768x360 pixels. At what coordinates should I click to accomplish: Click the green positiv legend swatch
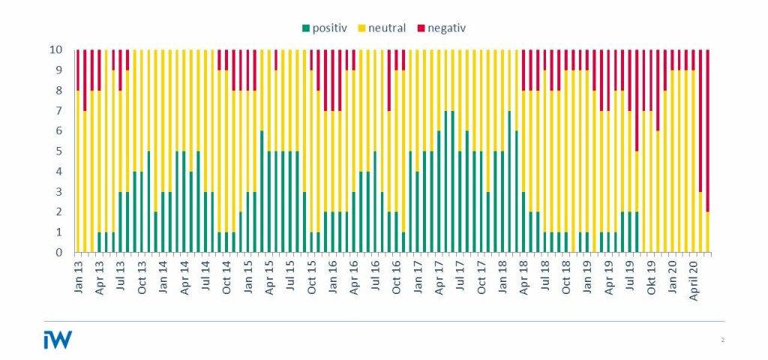point(306,28)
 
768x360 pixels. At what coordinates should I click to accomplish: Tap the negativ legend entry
point(447,28)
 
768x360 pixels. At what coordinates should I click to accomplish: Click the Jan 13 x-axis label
point(79,274)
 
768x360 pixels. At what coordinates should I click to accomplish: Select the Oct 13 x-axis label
point(142,274)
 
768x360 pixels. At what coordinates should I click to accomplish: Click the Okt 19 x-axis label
point(651,274)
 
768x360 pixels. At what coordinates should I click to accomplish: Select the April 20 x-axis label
point(694,277)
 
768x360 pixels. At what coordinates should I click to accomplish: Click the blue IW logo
point(58,339)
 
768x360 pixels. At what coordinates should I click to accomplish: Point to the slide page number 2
point(722,340)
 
